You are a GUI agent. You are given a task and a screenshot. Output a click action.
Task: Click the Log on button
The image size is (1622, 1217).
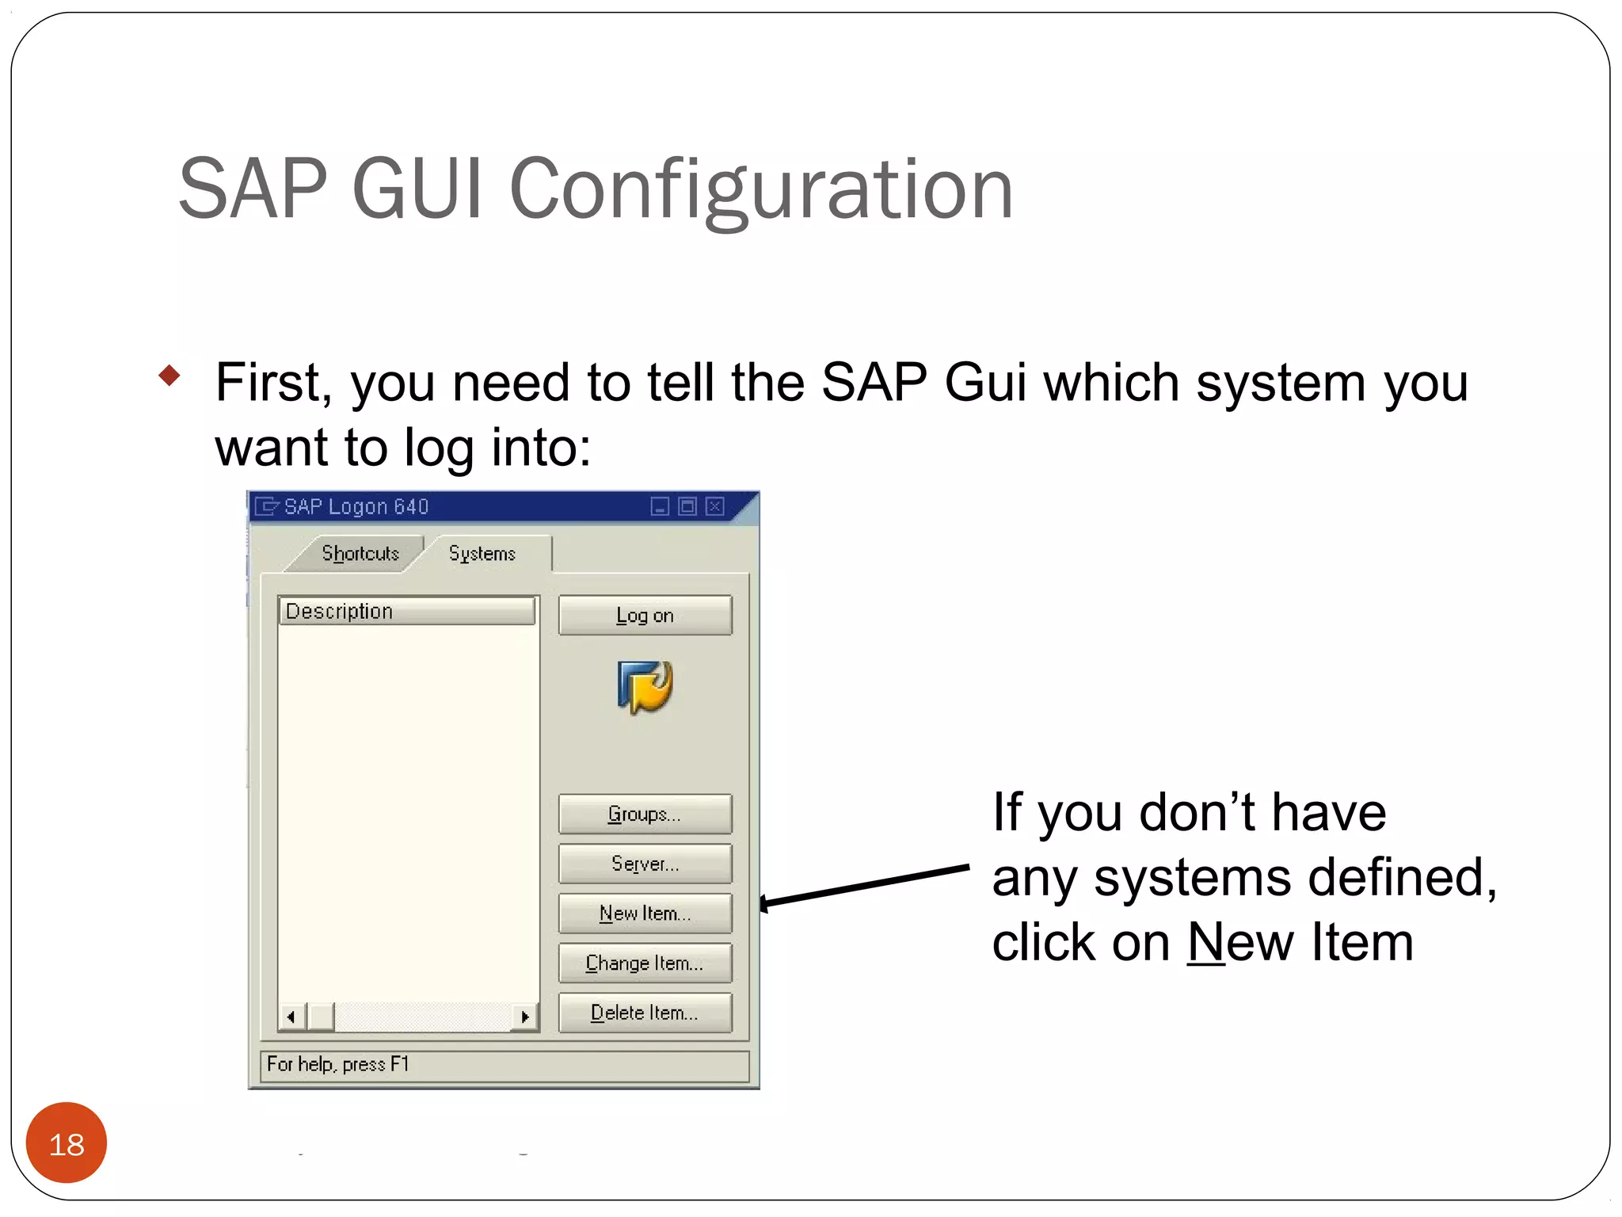645,616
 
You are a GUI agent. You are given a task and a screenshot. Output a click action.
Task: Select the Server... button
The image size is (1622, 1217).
645,864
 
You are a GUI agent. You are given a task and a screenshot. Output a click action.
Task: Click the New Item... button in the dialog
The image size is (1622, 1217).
645,914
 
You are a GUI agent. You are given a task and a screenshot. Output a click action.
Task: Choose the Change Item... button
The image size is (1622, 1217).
645,963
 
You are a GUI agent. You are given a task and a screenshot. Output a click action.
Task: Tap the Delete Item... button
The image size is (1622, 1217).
645,1013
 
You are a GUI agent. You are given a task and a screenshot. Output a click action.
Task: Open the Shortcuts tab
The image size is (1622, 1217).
360,553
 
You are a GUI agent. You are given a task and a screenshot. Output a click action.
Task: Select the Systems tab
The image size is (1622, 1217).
482,553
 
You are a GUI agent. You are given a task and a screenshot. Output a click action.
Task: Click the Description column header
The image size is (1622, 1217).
406,611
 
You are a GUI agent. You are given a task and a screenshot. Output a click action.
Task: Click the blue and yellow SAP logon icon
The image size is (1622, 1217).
645,686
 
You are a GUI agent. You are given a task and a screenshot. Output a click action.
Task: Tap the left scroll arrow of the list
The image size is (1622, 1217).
291,1017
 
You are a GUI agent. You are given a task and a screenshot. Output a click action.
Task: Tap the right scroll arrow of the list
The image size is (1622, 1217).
524,1017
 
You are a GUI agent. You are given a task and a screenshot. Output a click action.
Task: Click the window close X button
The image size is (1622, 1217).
714,506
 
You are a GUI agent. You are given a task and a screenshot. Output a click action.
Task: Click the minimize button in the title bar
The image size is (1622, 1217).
660,506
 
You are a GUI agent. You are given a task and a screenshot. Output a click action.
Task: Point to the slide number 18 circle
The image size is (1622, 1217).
67,1143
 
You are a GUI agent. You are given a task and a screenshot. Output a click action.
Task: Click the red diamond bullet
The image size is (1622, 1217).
169,375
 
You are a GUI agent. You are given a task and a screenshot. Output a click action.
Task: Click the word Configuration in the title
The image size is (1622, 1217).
760,190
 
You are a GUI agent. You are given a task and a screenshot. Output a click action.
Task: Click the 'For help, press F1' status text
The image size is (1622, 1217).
337,1064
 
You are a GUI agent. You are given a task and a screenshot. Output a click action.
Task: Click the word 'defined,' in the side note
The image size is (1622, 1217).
1402,878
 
